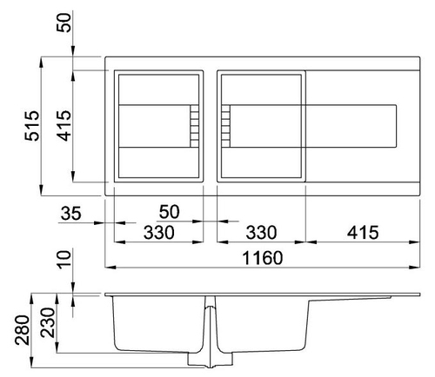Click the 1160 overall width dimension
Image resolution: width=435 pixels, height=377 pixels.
[x=263, y=258]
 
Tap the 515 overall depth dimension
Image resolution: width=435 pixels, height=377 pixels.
[x=31, y=126]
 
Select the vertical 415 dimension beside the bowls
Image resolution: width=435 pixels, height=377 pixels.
[x=64, y=126]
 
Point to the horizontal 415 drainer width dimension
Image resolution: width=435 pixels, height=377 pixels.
[x=363, y=233]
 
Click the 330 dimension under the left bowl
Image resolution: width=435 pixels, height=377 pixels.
[x=159, y=233]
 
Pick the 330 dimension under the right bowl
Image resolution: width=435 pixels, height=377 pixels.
[x=261, y=233]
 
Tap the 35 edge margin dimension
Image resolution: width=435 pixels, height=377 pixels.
[x=71, y=214]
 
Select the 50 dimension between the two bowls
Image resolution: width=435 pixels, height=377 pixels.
[x=169, y=212]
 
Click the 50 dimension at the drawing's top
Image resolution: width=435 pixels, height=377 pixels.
[x=64, y=23]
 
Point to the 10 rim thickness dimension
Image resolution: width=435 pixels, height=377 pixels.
[x=64, y=260]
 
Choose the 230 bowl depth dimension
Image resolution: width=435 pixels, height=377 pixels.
[x=48, y=322]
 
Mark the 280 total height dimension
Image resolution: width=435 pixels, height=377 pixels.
[x=23, y=330]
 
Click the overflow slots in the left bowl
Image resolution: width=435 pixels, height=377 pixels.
[x=195, y=126]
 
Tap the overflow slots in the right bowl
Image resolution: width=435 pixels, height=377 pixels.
[x=225, y=126]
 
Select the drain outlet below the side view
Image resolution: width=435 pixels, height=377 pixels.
[x=210, y=360]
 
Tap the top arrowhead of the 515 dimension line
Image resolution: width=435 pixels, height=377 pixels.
[x=41, y=63]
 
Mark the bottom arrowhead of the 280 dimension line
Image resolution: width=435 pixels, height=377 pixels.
[x=32, y=362]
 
